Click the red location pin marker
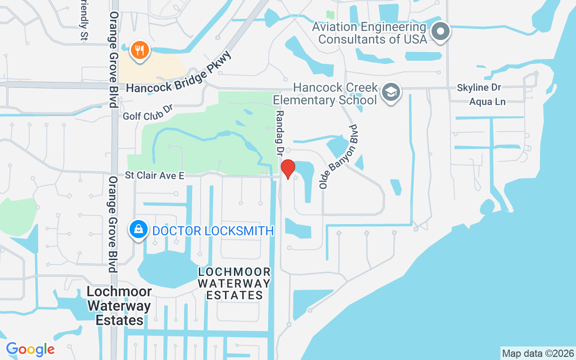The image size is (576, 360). point(288,169)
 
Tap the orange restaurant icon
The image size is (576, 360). point(140,50)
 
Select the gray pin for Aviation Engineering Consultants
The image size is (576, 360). point(441,32)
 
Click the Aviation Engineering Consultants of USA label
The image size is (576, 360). point(369,33)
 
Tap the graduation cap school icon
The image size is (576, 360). point(391,93)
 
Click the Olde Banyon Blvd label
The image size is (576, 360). point(337,157)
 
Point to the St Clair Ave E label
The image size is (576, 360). point(154,175)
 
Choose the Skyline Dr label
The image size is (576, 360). point(479,87)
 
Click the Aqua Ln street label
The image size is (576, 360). point(487,102)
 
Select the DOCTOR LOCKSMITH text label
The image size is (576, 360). point(213,231)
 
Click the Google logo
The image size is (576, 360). point(31,349)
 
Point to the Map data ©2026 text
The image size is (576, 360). point(538,353)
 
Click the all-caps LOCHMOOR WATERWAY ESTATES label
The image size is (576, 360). point(234,283)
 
